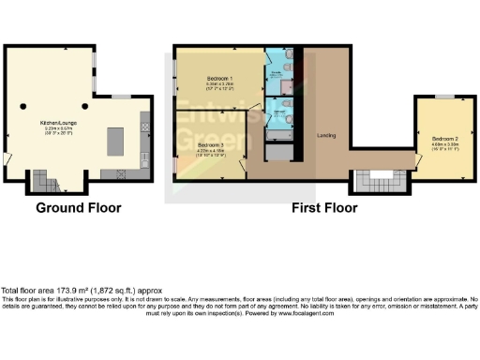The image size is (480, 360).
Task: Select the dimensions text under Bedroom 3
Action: click(x=208, y=152)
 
